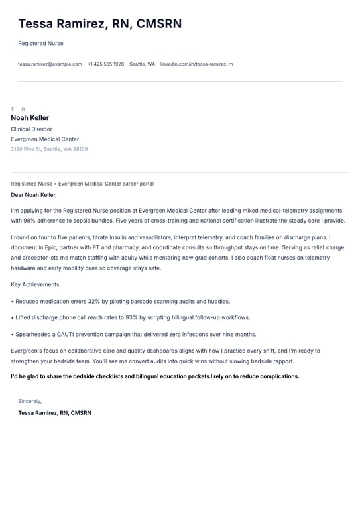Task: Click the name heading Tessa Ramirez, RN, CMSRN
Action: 99,24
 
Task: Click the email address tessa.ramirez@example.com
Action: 50,64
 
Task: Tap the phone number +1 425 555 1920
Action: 105,64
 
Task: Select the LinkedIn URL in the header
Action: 196,64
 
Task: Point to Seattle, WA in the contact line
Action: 142,64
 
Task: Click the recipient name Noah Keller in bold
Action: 30,118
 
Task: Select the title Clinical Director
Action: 31,129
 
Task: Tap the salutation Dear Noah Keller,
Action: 34,195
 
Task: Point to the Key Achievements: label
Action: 36,284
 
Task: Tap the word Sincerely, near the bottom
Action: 30,401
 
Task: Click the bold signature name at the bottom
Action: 54,413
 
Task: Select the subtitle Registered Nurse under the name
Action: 40,44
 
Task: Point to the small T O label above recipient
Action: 18,109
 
